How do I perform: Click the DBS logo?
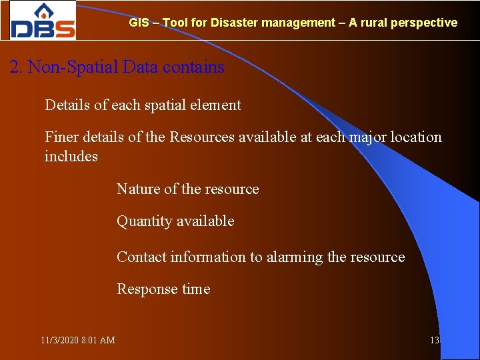pos(43,21)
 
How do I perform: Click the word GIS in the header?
pos(139,23)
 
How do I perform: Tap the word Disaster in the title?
pos(234,23)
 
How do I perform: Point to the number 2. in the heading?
pos(17,67)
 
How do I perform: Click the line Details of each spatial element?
pos(143,105)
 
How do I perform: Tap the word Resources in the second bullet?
pos(203,137)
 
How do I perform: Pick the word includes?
pos(71,157)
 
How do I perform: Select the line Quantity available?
pos(175,221)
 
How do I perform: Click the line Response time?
pos(163,289)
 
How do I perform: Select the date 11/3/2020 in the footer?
pos(59,341)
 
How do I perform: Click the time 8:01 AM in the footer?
pos(98,341)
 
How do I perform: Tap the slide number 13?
pos(435,341)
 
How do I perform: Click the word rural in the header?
pos(373,23)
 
